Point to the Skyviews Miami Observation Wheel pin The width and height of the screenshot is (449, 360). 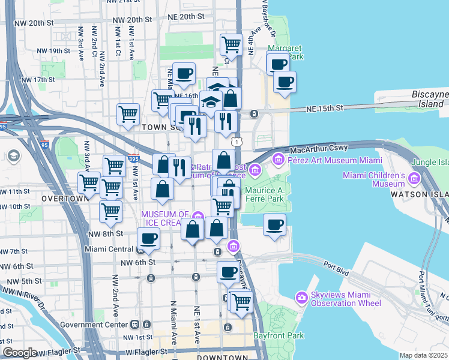point(302,298)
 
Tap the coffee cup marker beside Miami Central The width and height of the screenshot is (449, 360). point(148,238)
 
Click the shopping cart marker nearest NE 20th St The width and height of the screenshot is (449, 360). point(231,44)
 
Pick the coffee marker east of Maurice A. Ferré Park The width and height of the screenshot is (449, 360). point(275,224)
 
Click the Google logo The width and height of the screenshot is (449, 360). point(20,353)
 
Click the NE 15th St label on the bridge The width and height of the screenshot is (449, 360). point(324,109)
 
